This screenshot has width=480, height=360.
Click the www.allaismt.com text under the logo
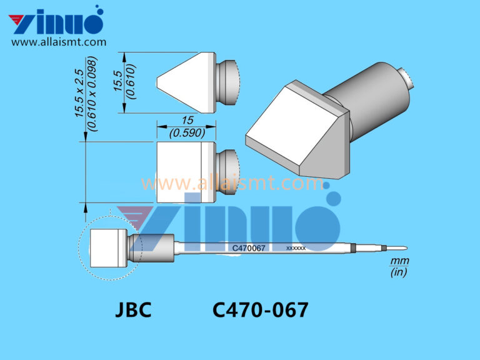coord(59,42)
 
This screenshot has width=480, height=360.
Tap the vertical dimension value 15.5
coord(117,82)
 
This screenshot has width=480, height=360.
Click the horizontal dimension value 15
coord(186,120)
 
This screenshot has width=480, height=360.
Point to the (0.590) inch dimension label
coord(186,132)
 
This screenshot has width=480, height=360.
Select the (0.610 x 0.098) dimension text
coord(92,94)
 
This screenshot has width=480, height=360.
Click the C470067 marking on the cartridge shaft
coord(249,248)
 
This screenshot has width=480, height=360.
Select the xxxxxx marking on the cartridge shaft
coord(296,248)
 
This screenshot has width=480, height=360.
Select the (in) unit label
coord(397,272)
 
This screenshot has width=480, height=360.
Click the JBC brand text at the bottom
coord(133,311)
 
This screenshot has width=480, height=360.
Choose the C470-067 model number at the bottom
coord(260,311)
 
